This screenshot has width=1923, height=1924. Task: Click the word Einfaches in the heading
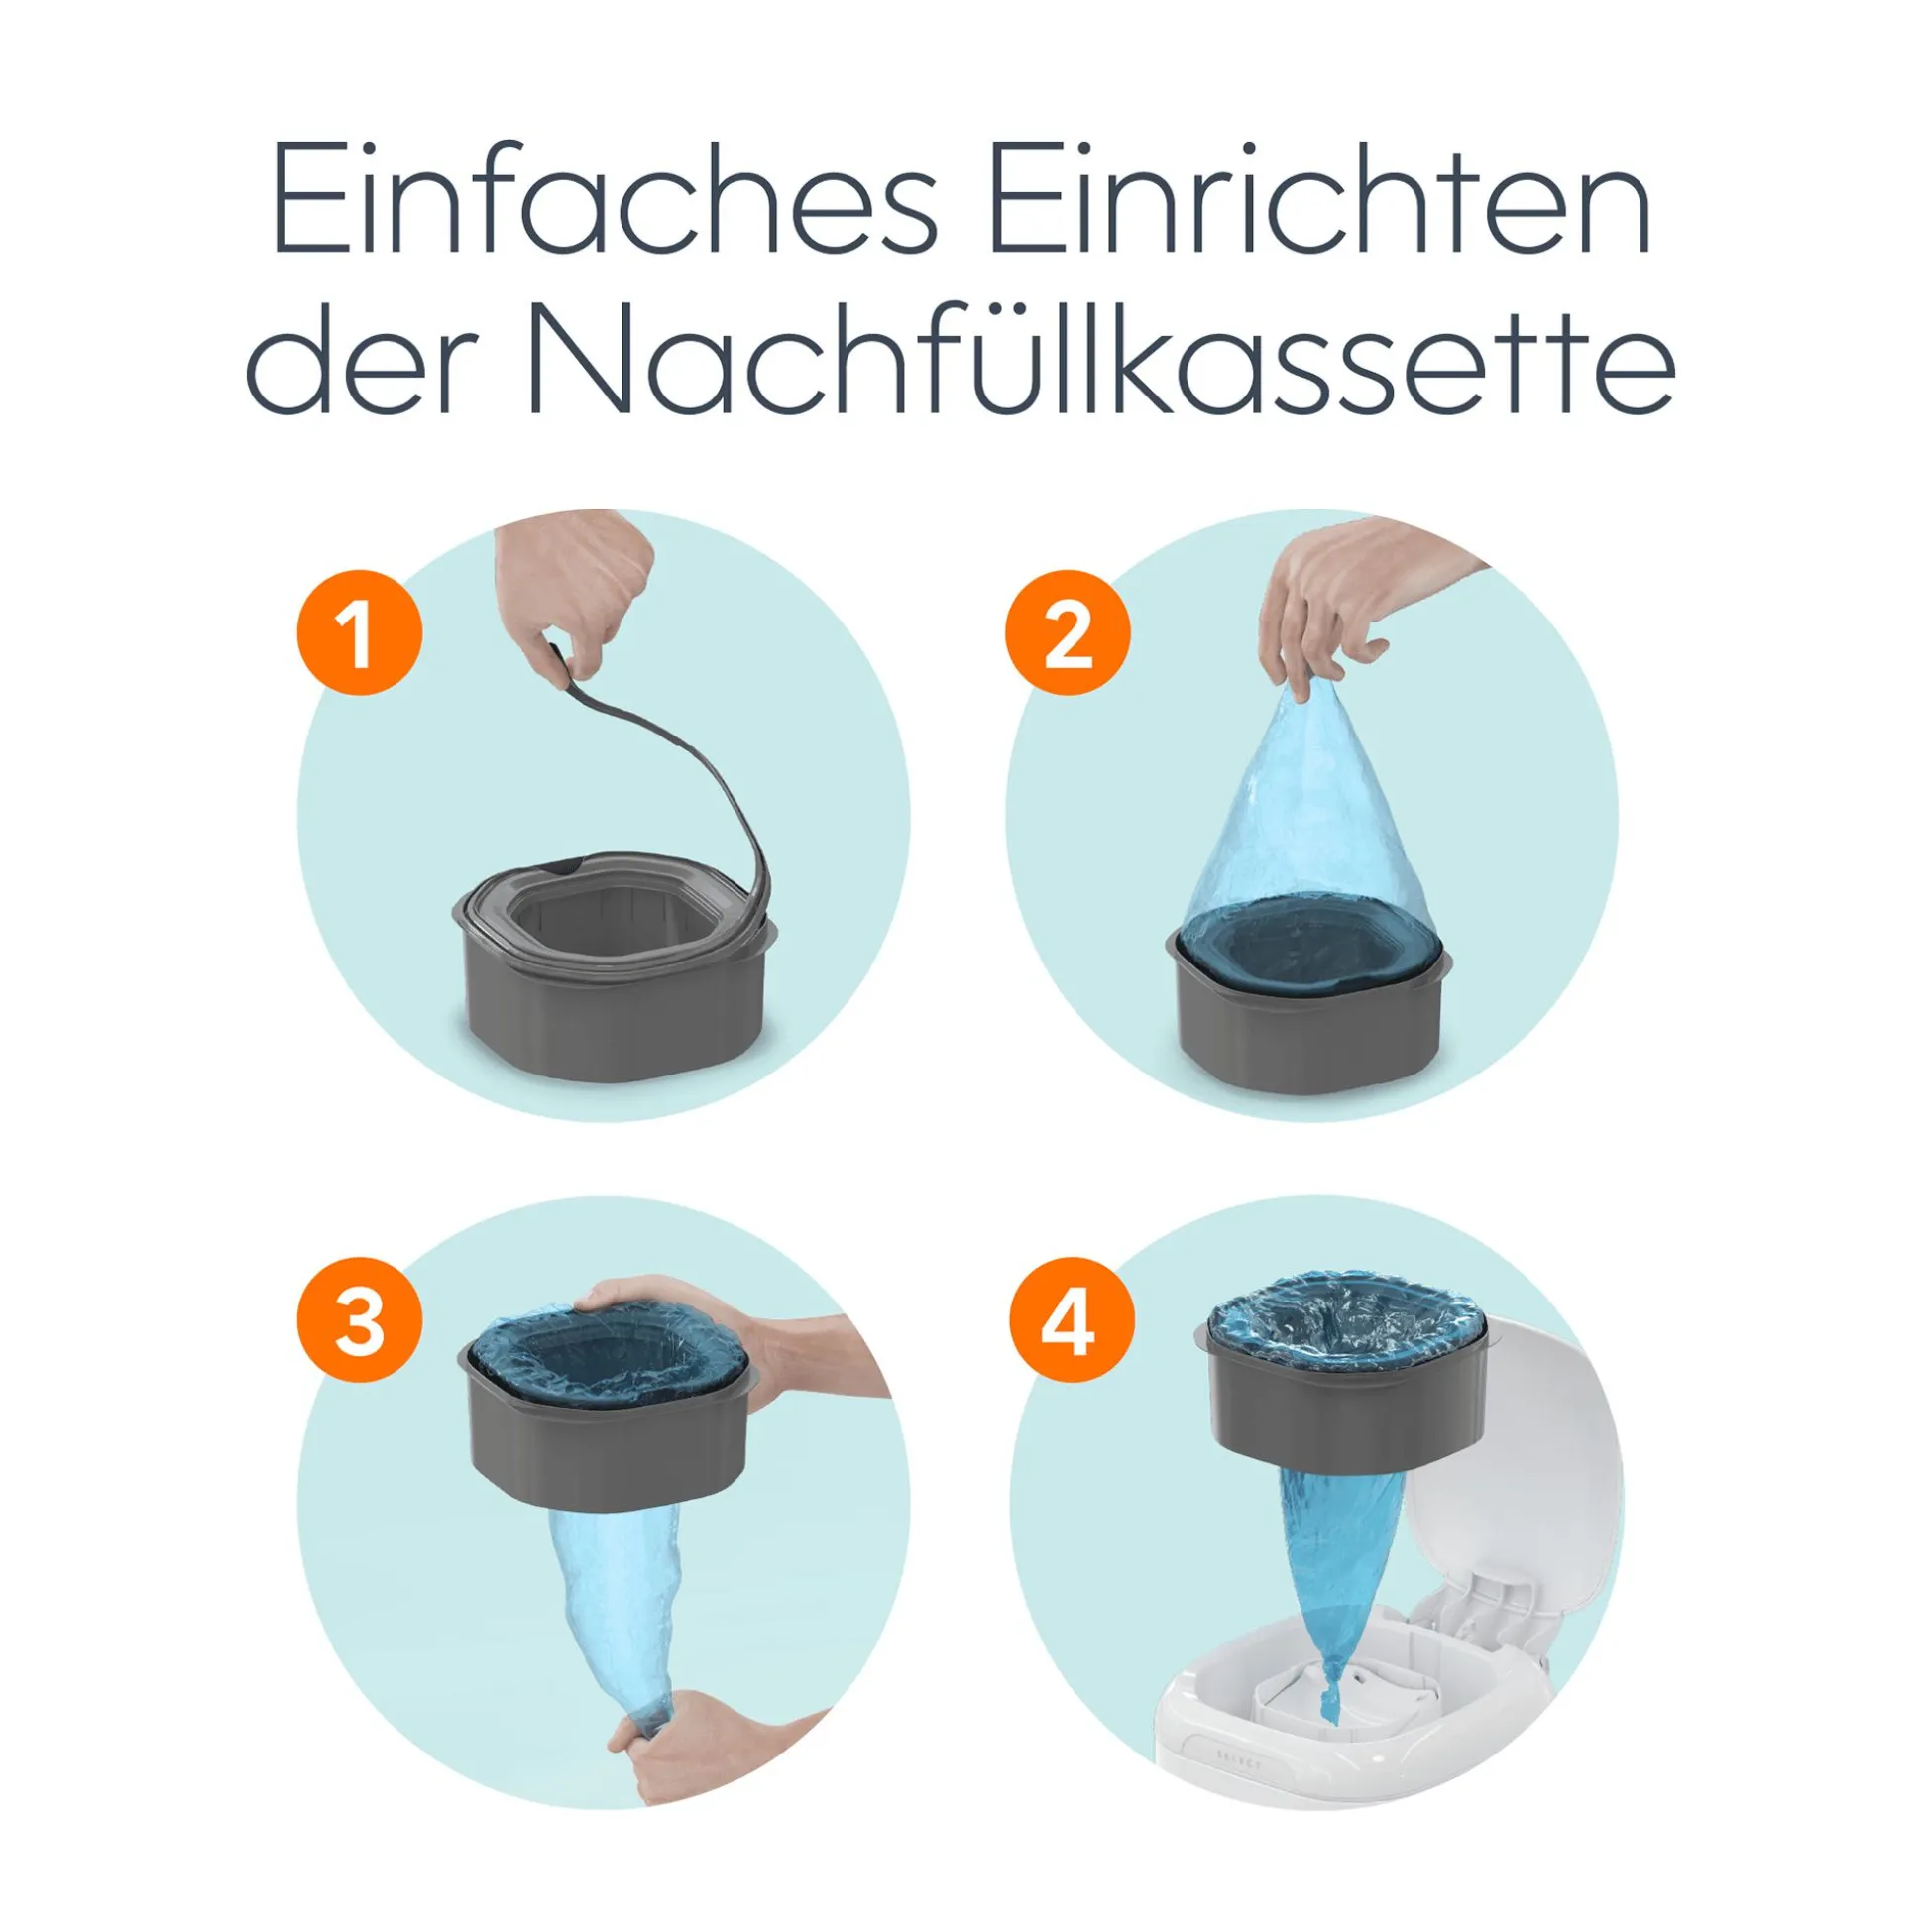tap(606, 200)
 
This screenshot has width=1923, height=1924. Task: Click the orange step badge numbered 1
tap(360, 632)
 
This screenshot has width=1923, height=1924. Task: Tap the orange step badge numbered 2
tap(1068, 632)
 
